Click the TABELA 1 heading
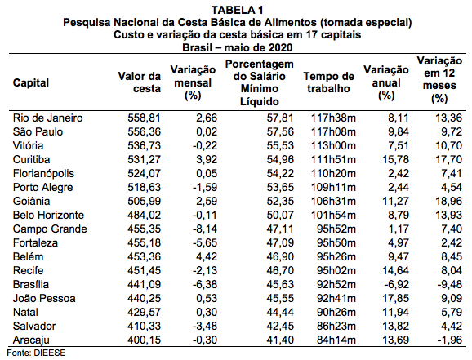pyautogui.click(x=237, y=10)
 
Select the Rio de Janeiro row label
pyautogui.click(x=47, y=118)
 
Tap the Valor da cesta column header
pyautogui.click(x=140, y=82)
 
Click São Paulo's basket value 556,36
pyautogui.click(x=144, y=131)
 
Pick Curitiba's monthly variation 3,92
pyautogui.click(x=207, y=159)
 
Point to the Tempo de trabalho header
pyautogui.click(x=329, y=82)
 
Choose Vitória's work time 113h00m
pyautogui.click(x=333, y=145)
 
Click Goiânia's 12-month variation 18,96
pyautogui.click(x=448, y=201)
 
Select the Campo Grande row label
pyautogui.click(x=50, y=229)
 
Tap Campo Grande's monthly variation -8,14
pyautogui.click(x=205, y=229)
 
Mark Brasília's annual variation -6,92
pyautogui.click(x=396, y=284)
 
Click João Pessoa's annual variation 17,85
pyautogui.click(x=395, y=298)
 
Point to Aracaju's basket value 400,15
pyautogui.click(x=144, y=340)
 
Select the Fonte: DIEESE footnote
pyautogui.click(x=36, y=353)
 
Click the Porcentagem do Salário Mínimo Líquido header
pyautogui.click(x=259, y=82)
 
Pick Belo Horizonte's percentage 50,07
pyautogui.click(x=280, y=215)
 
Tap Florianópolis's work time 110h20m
pyautogui.click(x=333, y=173)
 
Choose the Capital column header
pyautogui.click(x=31, y=82)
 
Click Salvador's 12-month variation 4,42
pyautogui.click(x=452, y=326)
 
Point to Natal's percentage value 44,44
pyautogui.click(x=280, y=312)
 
